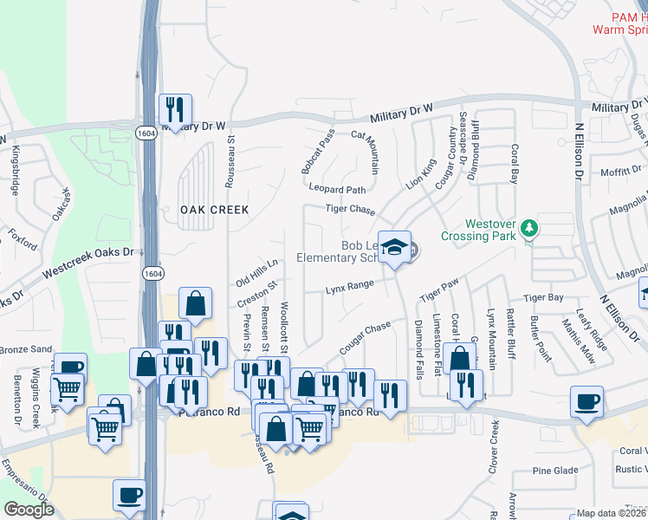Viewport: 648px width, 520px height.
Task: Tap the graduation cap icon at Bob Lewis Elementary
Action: pyautogui.click(x=394, y=248)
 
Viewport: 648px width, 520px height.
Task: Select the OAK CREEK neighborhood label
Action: pyautogui.click(x=214, y=210)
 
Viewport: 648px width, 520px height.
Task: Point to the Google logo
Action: pyautogui.click(x=29, y=510)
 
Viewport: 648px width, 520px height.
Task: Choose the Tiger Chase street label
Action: pyautogui.click(x=350, y=210)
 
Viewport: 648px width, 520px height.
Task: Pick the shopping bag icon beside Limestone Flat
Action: pyautogui.click(x=459, y=356)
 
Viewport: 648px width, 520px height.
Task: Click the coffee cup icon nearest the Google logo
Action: pyautogui.click(x=130, y=495)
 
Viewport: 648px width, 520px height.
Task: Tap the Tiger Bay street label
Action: pyautogui.click(x=543, y=297)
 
